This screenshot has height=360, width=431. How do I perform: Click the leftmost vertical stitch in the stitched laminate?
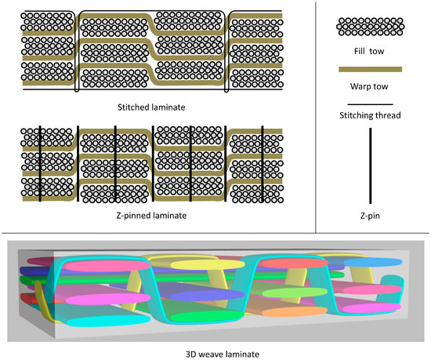click(76, 52)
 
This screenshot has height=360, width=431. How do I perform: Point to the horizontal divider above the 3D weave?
click(215, 232)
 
